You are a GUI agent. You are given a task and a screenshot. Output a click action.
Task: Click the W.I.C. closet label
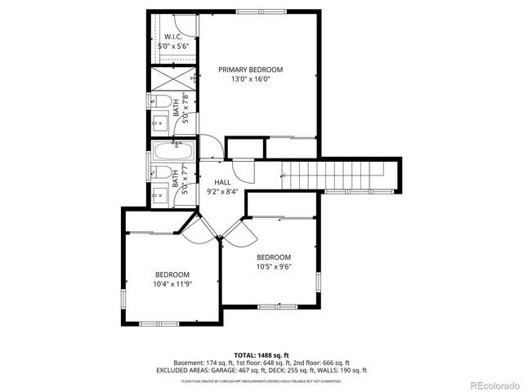pyautogui.click(x=173, y=37)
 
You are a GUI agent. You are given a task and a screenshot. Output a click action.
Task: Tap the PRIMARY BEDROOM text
pyautogui.click(x=250, y=69)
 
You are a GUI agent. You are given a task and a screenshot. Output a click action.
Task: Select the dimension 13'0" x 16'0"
pyautogui.click(x=250, y=79)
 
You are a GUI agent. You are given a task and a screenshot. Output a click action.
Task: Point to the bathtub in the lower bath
pyautogui.click(x=173, y=152)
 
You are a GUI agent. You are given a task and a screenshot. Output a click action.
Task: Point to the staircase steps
pyautogui.click(x=335, y=174)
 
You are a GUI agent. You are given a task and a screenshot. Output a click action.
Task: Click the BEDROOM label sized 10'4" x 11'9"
pyautogui.click(x=172, y=274)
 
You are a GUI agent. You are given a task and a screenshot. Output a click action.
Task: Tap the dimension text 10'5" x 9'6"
pyautogui.click(x=274, y=265)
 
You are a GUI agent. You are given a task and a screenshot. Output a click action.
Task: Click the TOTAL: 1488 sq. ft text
pyautogui.click(x=261, y=355)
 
